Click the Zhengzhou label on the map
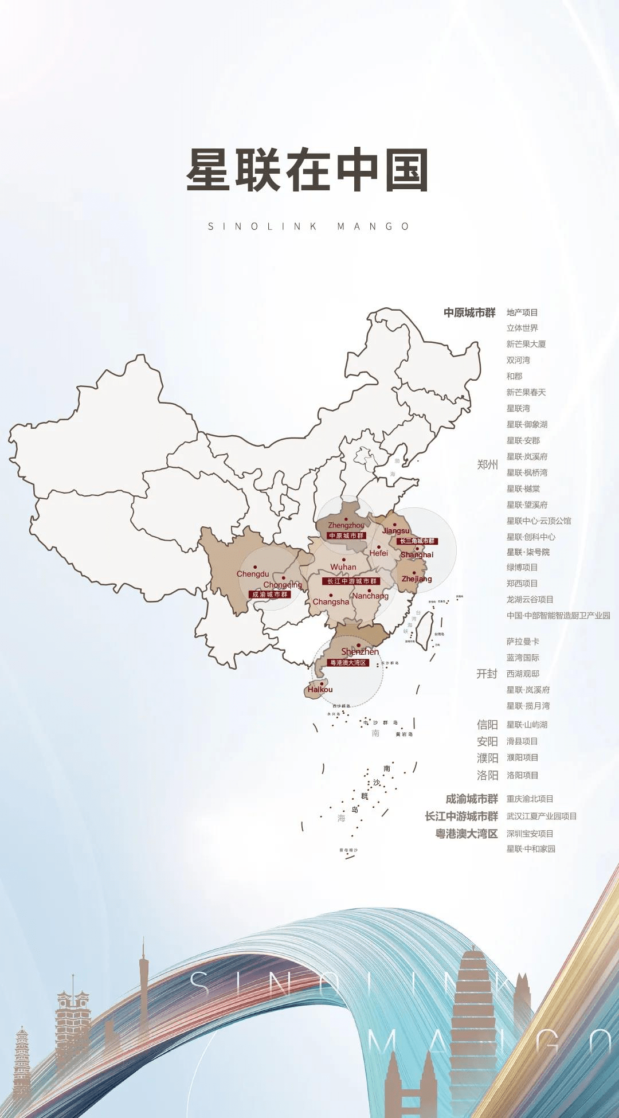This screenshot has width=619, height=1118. point(346,525)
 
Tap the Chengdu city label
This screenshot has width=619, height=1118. point(253,574)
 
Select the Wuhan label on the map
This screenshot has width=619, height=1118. point(343,567)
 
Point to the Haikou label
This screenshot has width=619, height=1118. point(320,690)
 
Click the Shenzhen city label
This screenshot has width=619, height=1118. point(360,652)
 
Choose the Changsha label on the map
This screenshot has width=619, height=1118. point(331,602)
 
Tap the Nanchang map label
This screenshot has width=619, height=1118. point(370,596)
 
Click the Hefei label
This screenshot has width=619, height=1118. point(378,553)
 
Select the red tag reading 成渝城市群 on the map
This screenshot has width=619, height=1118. point(270,595)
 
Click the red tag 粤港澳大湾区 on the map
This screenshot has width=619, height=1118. point(348,663)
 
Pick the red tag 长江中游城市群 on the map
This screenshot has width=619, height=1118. point(352,581)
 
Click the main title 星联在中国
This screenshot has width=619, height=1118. point(308,170)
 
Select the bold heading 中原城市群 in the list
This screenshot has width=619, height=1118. point(469,312)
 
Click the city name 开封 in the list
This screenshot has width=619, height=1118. point(487,674)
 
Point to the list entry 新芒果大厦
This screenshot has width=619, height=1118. point(526,344)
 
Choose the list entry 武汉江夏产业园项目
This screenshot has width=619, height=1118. point(541,816)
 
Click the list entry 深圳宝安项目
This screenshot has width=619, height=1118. point(530,834)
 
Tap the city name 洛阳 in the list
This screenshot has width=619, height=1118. point(487,775)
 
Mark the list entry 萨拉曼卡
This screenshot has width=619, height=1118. point(522,642)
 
